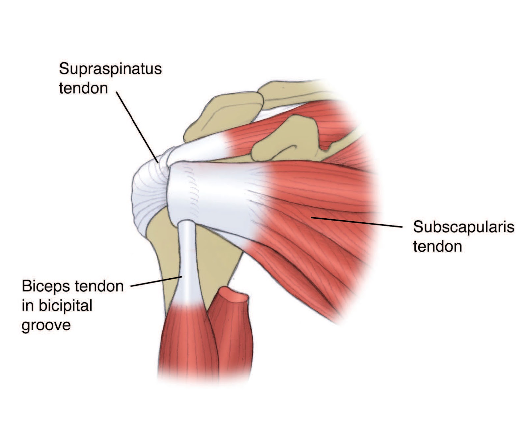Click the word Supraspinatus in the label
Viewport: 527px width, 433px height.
coord(110,69)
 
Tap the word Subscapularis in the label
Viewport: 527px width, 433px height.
coord(463,227)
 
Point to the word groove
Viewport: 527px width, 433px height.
coord(46,325)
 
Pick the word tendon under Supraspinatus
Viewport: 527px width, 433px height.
coord(83,88)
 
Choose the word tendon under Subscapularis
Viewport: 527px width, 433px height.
coord(437,246)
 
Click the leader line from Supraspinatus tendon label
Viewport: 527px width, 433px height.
coord(137,127)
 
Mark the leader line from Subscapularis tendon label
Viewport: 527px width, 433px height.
coord(357,222)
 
